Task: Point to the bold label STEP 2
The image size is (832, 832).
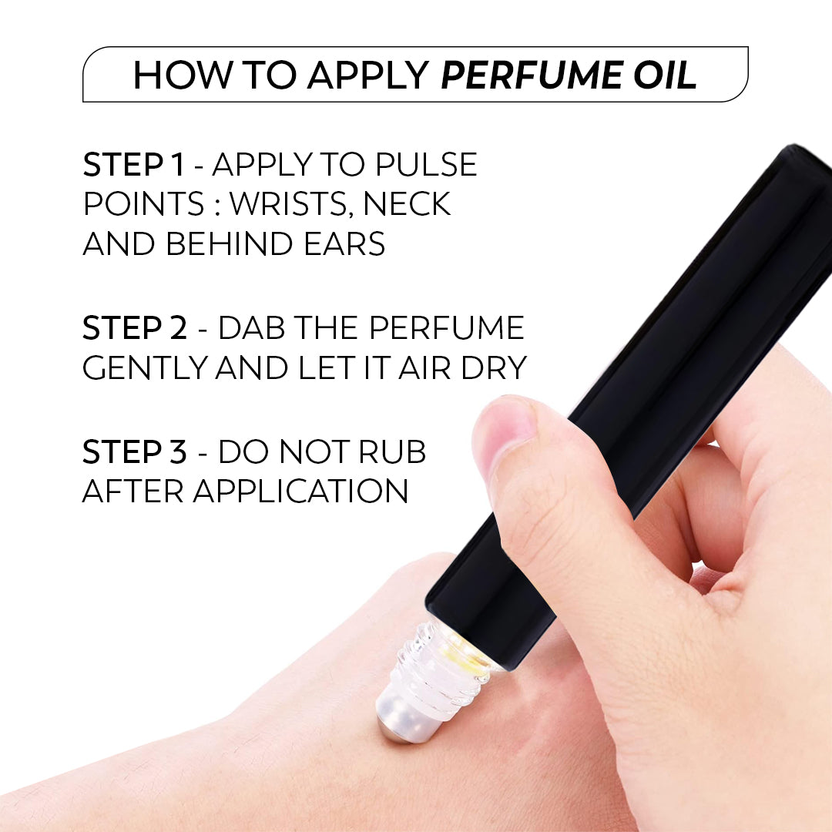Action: tap(134, 328)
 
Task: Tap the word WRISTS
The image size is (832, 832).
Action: tap(290, 204)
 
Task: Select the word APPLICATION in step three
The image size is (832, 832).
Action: tap(300, 491)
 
